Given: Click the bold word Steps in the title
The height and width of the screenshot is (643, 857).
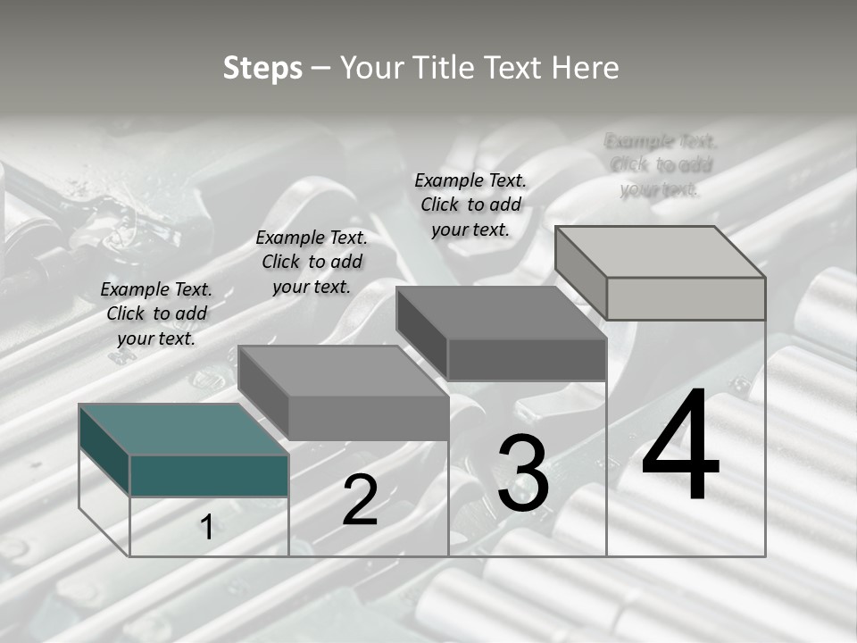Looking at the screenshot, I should click(262, 68).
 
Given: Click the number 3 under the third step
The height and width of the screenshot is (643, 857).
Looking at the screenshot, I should click(523, 473).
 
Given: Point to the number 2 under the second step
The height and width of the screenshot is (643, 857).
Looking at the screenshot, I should click(360, 500).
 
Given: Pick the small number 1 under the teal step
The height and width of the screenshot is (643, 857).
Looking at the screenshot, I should click(206, 528).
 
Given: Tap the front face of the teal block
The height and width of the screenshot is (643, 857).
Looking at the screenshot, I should click(209, 475).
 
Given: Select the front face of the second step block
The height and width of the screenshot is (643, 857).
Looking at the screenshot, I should click(368, 418).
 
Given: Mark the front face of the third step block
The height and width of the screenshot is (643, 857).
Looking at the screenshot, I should click(526, 360).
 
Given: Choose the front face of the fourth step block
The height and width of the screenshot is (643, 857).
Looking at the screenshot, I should click(686, 298).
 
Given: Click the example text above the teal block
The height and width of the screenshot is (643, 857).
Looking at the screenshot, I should click(156, 313).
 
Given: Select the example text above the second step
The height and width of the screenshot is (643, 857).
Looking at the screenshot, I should click(312, 262).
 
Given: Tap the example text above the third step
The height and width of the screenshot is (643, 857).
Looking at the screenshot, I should click(470, 205).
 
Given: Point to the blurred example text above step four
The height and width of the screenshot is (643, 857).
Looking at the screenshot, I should click(661, 165).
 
